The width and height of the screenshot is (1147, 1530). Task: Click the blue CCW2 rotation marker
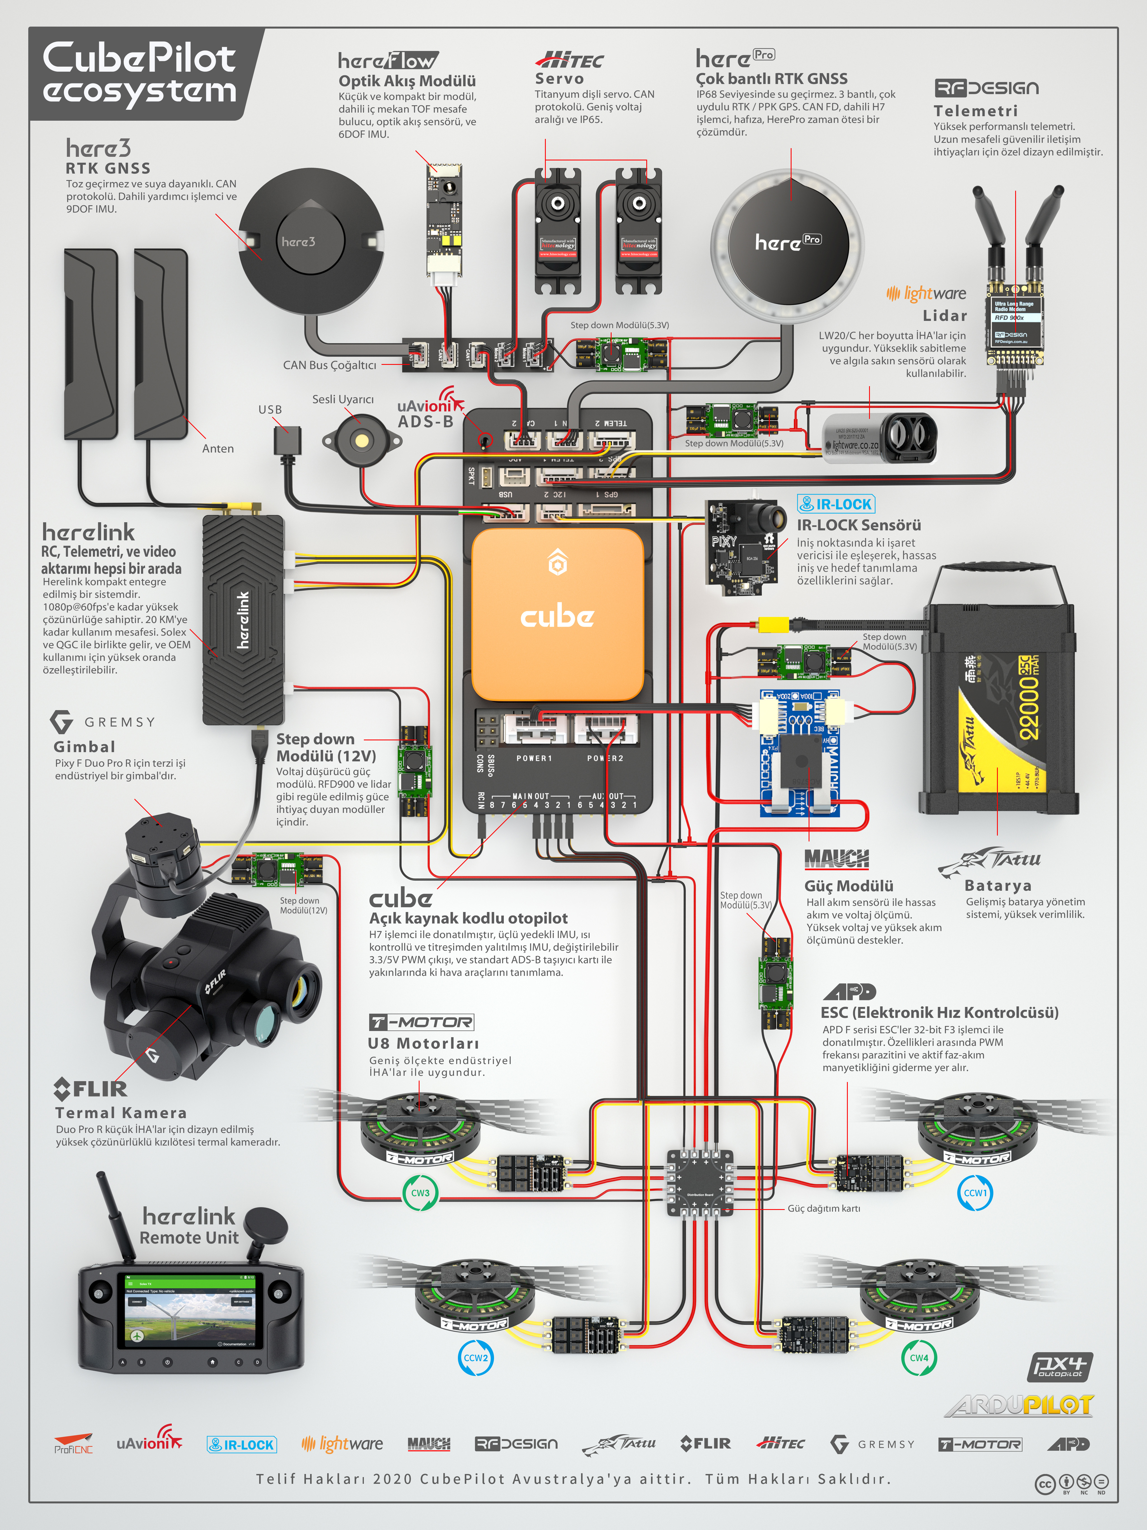(x=476, y=1358)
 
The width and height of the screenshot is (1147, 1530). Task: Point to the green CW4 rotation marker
(x=919, y=1358)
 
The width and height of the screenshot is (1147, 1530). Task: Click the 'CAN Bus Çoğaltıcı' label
(x=330, y=365)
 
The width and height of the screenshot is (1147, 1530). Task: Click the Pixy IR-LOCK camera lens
(x=773, y=516)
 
